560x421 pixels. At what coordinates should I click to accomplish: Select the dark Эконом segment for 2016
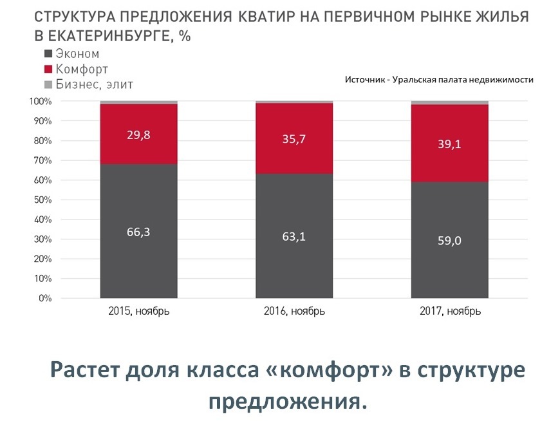point(294,257)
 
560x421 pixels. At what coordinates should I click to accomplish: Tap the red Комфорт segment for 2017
point(449,161)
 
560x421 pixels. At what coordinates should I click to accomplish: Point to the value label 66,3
point(138,232)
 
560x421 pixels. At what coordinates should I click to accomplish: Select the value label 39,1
point(449,145)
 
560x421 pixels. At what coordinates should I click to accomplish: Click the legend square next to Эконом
point(48,55)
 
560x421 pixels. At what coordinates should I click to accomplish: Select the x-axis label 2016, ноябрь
point(294,312)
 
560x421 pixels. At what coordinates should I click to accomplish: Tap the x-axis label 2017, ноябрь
point(449,312)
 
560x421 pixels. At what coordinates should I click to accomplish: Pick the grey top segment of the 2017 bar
point(449,102)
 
